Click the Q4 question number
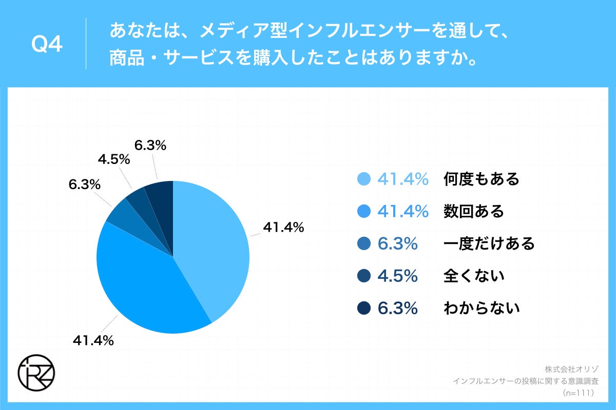[x=47, y=45]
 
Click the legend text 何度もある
[x=482, y=179]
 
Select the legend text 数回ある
[x=474, y=211]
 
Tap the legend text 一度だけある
[x=489, y=243]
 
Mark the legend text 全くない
[x=474, y=276]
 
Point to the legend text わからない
[x=482, y=308]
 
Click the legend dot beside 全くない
[x=363, y=276]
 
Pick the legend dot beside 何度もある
[x=363, y=179]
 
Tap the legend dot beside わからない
[x=363, y=308]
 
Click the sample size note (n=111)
[x=578, y=393]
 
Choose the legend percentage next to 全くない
[x=397, y=276]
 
